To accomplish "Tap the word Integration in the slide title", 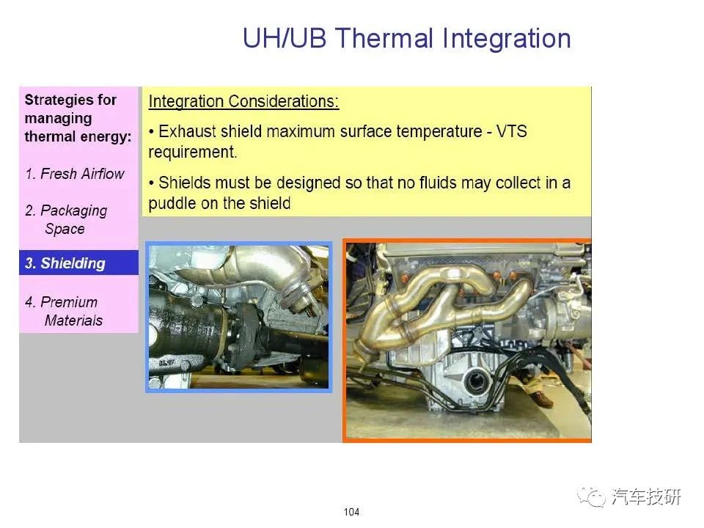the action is [x=507, y=40].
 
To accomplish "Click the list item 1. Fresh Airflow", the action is [x=75, y=174].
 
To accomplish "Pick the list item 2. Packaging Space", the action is [x=67, y=219].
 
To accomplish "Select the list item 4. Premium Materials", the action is [x=64, y=311].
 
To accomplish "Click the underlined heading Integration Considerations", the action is [x=243, y=101].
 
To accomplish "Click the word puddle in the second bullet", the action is [x=172, y=203].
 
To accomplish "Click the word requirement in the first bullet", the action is [x=192, y=152].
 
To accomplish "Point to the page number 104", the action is [x=351, y=511].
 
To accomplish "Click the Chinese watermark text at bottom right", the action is [x=646, y=496].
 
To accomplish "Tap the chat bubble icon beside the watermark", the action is [x=592, y=496].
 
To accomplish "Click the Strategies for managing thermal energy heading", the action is [x=78, y=117].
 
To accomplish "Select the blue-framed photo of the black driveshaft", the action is [x=239, y=317].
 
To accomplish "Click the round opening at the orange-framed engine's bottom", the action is [x=474, y=381].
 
